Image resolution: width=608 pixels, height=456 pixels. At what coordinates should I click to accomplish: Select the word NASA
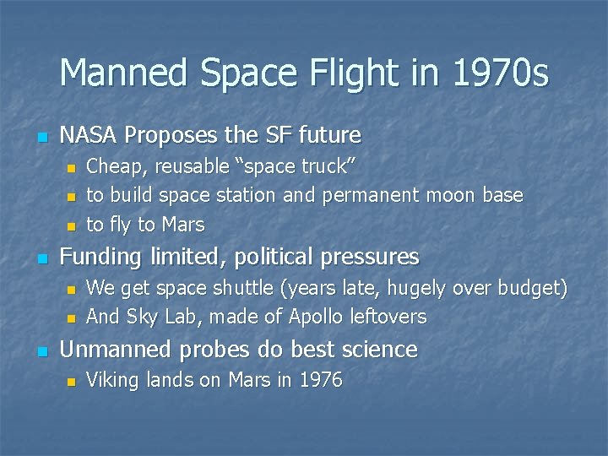(89, 135)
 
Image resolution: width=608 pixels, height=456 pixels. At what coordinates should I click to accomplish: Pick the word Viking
(111, 381)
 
